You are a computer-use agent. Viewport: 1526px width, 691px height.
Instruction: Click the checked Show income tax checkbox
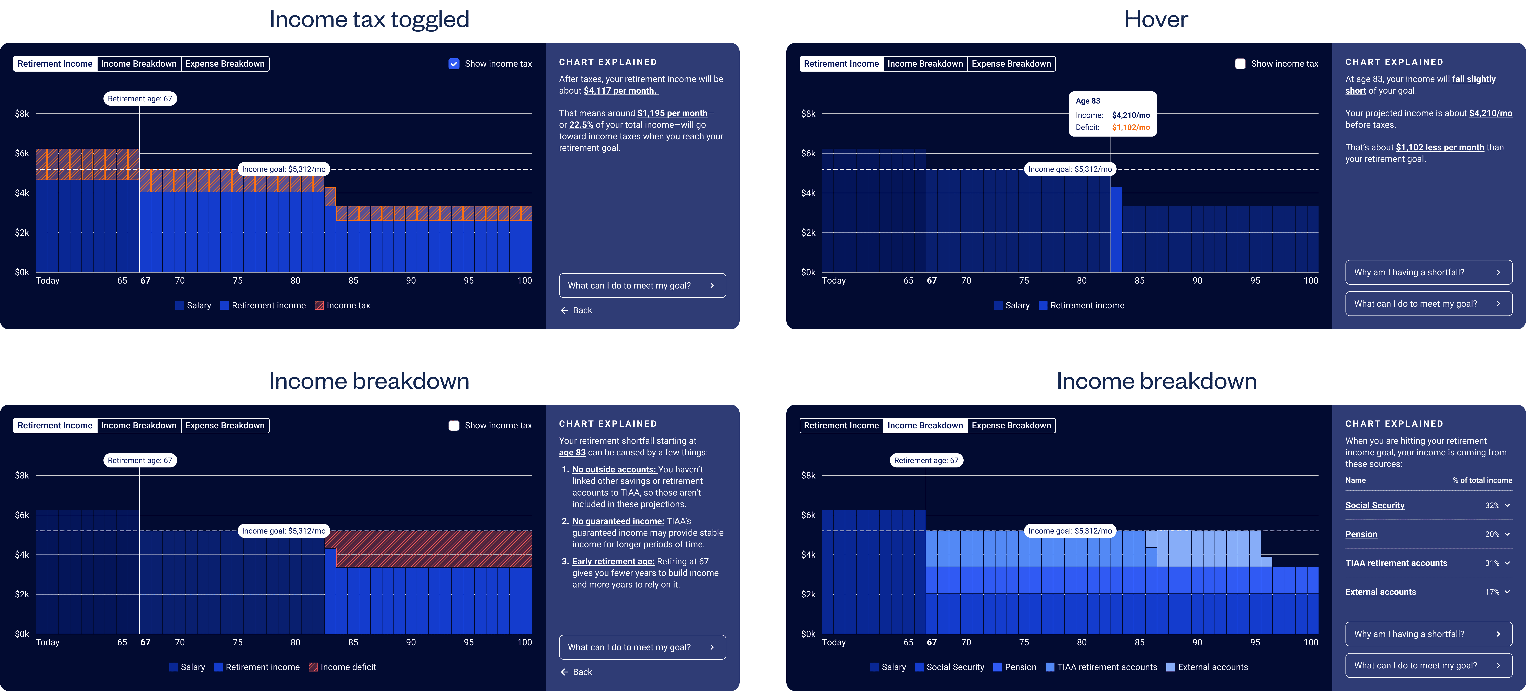click(454, 64)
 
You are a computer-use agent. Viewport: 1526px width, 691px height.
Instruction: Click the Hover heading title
click(1156, 19)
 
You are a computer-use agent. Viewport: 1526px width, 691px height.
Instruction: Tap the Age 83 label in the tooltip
click(1088, 101)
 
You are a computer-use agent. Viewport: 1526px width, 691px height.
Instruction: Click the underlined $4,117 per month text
click(620, 91)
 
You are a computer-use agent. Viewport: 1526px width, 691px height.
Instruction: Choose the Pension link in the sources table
click(1361, 534)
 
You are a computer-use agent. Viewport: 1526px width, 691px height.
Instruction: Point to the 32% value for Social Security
click(1492, 505)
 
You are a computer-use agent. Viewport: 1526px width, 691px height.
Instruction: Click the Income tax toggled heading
click(369, 19)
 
